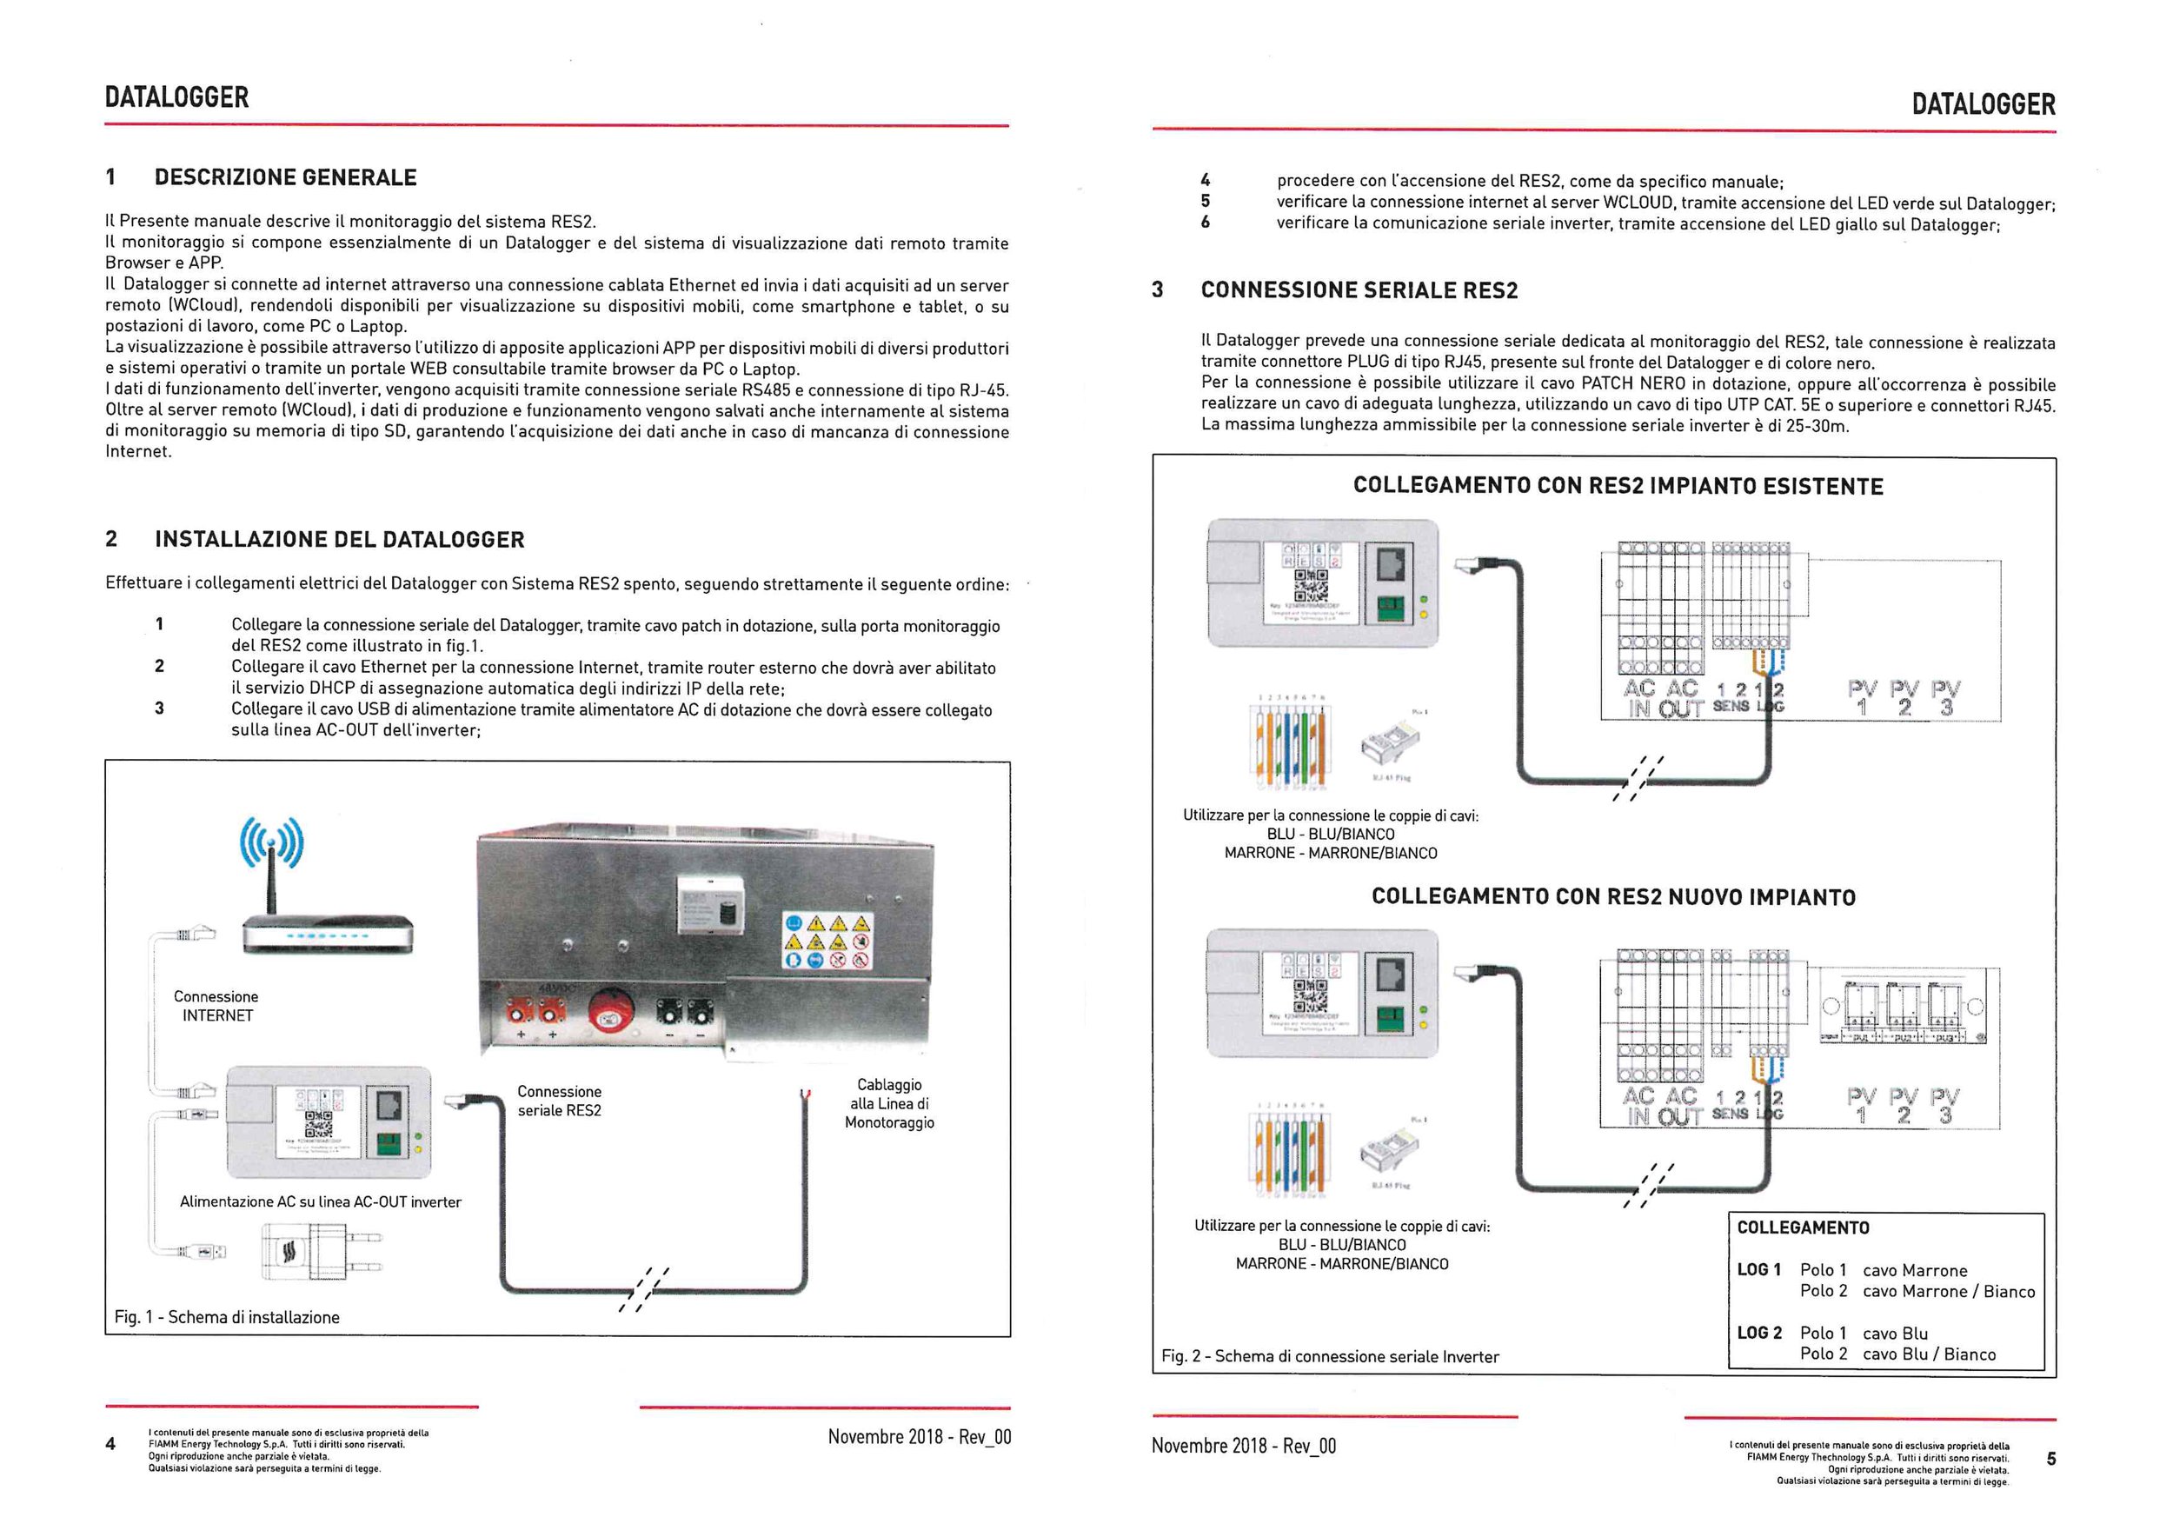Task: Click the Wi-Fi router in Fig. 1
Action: point(328,931)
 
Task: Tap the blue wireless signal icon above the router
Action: point(271,842)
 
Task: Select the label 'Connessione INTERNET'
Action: point(216,1006)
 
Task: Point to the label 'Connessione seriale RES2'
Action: point(560,1101)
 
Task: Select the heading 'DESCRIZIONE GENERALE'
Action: point(285,177)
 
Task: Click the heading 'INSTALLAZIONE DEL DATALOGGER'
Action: point(339,540)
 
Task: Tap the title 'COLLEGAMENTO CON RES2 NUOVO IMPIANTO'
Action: point(1612,896)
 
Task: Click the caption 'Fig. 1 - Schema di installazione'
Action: point(227,1316)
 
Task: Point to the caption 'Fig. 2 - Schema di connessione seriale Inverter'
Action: point(1330,1356)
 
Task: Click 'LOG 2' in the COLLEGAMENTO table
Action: point(1758,1333)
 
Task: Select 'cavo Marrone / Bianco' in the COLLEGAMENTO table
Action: point(1948,1292)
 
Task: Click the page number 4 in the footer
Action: point(110,1443)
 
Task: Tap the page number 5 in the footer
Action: point(2051,1459)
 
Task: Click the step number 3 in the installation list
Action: point(159,708)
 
